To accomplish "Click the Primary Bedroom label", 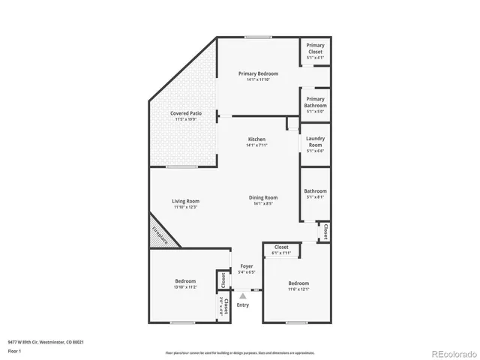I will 258,73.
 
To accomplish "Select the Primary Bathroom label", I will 315,102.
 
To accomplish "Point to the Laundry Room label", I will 315,141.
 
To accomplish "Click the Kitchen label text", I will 257,139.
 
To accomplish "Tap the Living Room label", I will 185,201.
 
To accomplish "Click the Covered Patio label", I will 184,113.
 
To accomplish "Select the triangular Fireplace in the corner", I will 160,234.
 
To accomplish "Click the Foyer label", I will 246,266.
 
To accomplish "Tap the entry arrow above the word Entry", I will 242,296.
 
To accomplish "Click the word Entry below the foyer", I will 242,304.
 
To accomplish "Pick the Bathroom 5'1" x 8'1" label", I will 315,191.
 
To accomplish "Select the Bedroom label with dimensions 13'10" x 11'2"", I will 185,281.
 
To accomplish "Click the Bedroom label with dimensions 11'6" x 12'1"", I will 298,283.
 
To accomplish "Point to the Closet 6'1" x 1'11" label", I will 281,247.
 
